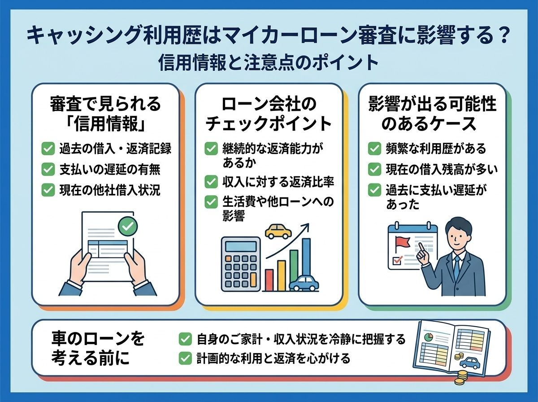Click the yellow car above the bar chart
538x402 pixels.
click(278, 231)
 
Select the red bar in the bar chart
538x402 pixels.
click(269, 280)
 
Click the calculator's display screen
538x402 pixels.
click(241, 246)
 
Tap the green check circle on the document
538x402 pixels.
click(128, 227)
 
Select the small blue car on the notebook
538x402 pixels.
click(469, 363)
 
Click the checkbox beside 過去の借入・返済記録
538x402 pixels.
click(48, 149)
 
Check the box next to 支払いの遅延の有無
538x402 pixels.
click(48, 169)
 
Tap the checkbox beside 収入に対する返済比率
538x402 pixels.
click(211, 182)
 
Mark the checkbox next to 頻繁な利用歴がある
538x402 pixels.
click(374, 149)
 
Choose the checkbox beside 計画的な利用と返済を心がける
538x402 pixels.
click(185, 358)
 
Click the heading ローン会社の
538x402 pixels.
click(269, 105)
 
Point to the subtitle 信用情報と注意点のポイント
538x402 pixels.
click(269, 62)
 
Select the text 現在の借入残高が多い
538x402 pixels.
click(442, 169)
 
